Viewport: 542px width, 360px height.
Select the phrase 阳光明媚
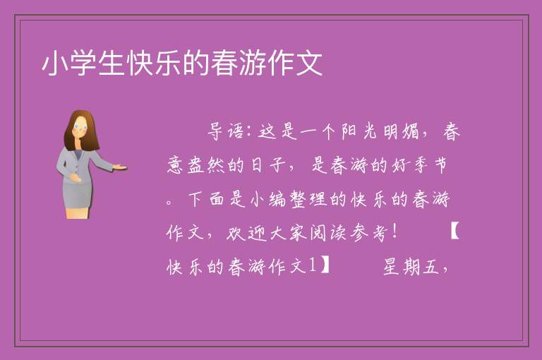tap(380, 131)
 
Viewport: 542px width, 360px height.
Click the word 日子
tap(267, 165)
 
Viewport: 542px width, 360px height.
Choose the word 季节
tap(428, 165)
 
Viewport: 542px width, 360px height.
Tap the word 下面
tap(206, 199)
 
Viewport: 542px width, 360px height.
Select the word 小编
tap(267, 199)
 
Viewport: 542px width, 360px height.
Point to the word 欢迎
tap(246, 232)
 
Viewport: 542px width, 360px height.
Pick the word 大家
tap(288, 232)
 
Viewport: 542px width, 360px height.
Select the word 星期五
tap(411, 266)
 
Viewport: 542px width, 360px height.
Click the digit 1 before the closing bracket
tap(312, 265)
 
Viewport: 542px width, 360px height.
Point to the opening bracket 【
tap(455, 232)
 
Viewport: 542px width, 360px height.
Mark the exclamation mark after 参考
tap(395, 232)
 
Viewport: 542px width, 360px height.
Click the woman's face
tap(80, 127)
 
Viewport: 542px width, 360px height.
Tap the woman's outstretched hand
tap(119, 167)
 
